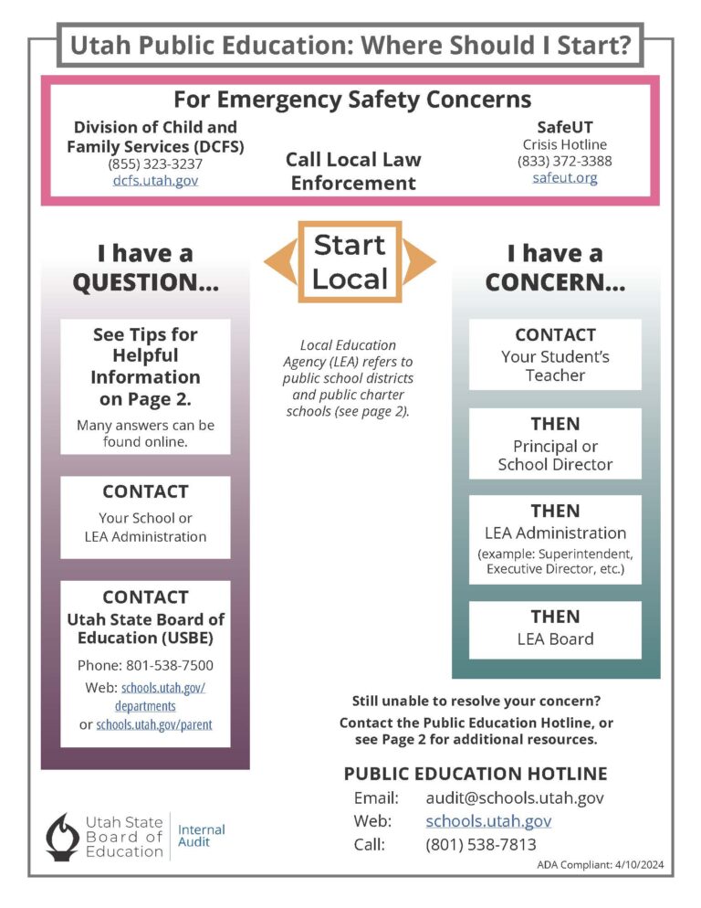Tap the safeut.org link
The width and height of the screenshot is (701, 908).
[x=565, y=177]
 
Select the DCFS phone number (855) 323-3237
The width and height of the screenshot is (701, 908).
[x=155, y=164]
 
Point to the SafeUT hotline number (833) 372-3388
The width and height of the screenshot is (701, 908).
[x=565, y=161]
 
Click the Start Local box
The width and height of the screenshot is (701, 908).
[x=350, y=261]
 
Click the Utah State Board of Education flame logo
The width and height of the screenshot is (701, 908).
[x=63, y=836]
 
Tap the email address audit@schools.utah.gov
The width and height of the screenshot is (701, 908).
[x=515, y=797]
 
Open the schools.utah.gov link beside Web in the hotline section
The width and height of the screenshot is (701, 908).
[x=488, y=820]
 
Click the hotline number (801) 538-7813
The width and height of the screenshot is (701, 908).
[x=481, y=844]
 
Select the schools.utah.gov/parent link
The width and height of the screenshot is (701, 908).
[x=154, y=724]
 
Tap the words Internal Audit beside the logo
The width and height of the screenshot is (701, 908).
[x=201, y=835]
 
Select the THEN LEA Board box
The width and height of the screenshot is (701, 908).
[x=555, y=628]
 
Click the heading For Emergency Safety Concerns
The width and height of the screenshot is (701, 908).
[x=352, y=99]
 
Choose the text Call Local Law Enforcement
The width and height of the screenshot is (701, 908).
[x=353, y=171]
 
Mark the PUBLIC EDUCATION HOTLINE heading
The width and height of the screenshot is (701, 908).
[x=476, y=773]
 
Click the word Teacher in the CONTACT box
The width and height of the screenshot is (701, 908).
[x=555, y=375]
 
